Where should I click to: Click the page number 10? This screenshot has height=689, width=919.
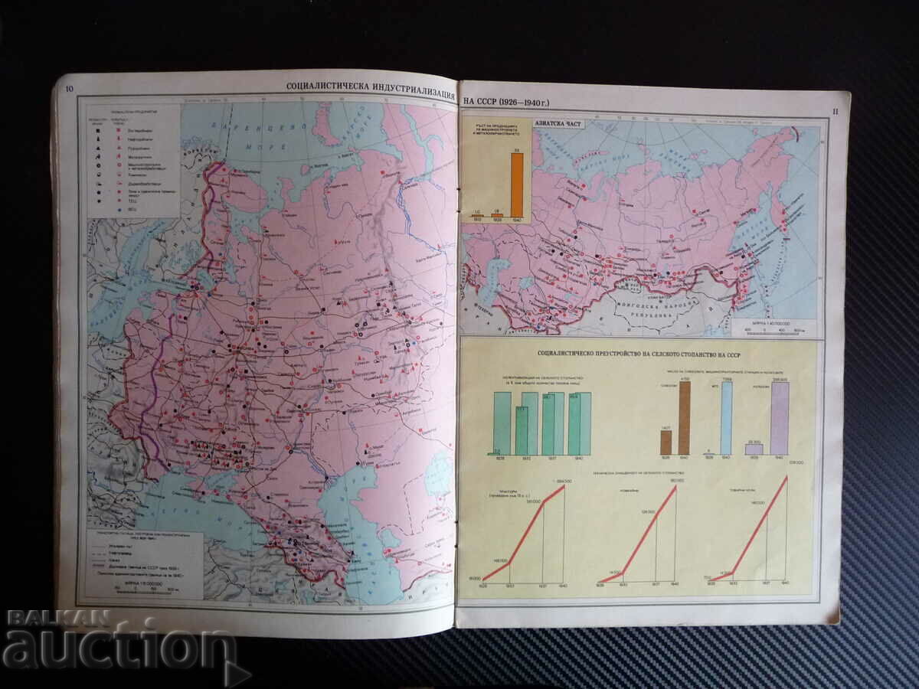(x=70, y=90)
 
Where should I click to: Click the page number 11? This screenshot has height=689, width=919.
(x=836, y=113)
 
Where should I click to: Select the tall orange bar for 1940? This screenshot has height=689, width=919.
(x=517, y=184)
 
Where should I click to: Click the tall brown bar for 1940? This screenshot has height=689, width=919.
(x=684, y=418)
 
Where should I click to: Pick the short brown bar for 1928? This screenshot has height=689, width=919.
(x=666, y=442)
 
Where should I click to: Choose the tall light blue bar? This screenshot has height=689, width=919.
(x=727, y=418)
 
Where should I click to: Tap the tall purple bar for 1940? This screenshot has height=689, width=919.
(x=780, y=418)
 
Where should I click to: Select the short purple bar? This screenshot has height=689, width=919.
(x=754, y=449)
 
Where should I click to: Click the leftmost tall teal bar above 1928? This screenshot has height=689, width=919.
(x=502, y=423)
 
